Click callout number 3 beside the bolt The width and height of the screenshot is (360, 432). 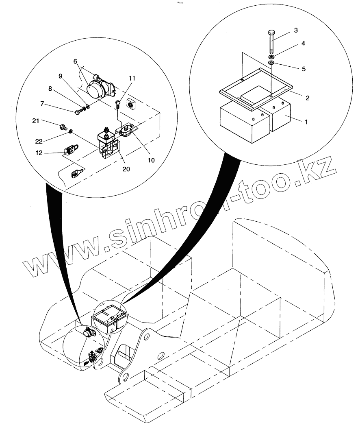click(x=296, y=31)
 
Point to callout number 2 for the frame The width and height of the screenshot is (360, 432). click(x=308, y=98)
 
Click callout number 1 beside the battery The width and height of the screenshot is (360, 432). click(x=306, y=121)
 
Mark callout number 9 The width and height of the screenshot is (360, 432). click(x=61, y=76)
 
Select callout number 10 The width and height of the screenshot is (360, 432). click(x=151, y=160)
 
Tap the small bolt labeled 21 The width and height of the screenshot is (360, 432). click(x=63, y=127)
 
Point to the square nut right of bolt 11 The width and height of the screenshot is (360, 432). click(x=131, y=105)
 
